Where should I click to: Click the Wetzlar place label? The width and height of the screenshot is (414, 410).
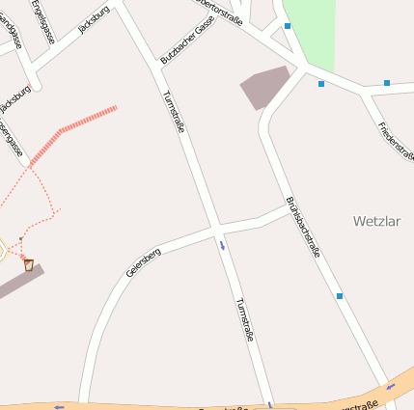376,221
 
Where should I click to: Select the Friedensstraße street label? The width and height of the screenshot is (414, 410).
396,140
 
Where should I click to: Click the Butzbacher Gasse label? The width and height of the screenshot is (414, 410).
187,42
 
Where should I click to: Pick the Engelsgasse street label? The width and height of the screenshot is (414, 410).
41,21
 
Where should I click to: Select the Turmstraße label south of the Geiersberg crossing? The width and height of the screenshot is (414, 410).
244,319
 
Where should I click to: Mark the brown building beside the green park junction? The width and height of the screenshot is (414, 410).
264,87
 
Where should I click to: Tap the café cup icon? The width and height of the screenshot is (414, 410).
29,263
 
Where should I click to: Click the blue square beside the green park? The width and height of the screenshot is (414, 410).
288,26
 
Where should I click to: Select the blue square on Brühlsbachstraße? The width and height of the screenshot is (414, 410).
340,295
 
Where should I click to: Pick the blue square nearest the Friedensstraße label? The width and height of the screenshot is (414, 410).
387,83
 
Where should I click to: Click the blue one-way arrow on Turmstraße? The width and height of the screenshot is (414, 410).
223,245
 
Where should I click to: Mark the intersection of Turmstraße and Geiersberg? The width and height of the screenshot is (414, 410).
216,230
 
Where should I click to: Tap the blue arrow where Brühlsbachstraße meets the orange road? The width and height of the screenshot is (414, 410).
391,386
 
